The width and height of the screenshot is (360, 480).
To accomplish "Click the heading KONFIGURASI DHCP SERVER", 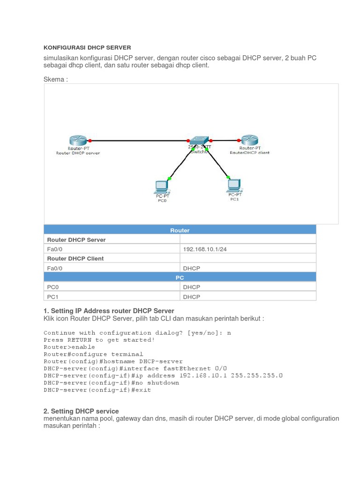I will [x=87, y=47].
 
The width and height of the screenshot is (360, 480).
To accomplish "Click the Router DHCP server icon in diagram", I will [x=78, y=140].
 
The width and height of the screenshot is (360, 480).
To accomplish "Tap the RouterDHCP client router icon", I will [x=249, y=140].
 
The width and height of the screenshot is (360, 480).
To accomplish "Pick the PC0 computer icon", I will [x=162, y=187].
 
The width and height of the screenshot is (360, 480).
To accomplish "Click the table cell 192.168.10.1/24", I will [x=205, y=249].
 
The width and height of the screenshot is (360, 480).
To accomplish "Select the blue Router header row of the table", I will [x=180, y=230].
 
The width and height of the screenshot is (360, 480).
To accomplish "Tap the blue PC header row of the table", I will [x=180, y=277].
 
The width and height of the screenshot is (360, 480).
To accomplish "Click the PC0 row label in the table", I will [x=52, y=287].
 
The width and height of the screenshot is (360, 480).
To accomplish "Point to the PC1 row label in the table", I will [x=52, y=297].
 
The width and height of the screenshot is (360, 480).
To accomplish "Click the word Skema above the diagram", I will [x=55, y=79].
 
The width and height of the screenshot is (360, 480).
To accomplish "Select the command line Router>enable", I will [x=69, y=347].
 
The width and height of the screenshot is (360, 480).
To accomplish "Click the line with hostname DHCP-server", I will [x=113, y=361].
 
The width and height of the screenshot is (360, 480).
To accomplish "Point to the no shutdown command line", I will [x=111, y=382].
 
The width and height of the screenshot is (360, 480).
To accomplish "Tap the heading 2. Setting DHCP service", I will [x=81, y=411].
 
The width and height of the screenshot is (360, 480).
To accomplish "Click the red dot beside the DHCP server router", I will [x=89, y=140].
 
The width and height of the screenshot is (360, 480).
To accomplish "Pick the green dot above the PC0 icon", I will [x=169, y=179].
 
